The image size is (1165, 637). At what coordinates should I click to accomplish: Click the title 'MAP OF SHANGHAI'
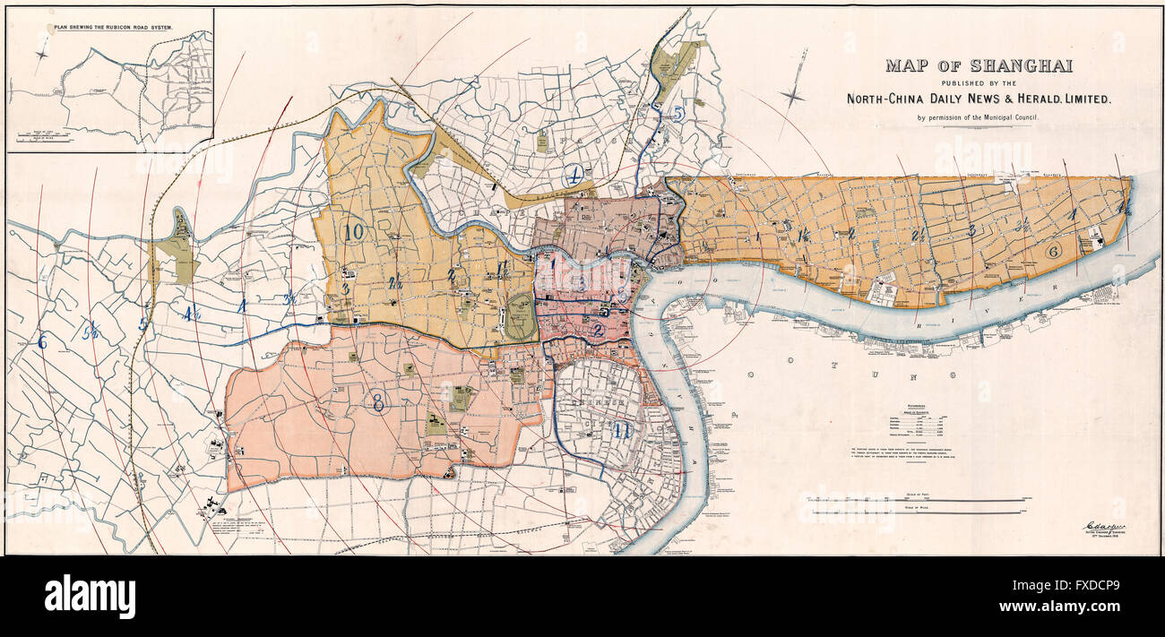979,65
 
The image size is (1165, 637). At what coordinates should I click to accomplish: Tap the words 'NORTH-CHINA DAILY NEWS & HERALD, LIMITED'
979,99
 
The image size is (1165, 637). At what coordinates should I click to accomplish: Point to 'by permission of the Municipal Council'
979,118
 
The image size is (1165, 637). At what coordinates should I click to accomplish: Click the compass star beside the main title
792,94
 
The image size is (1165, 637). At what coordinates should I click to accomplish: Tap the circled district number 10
354,232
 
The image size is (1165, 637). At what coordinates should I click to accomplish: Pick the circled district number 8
379,403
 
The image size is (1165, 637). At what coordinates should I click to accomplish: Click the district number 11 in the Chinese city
621,431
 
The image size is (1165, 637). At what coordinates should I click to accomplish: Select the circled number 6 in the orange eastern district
1054,251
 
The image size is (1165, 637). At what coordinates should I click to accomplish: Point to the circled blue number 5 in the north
678,114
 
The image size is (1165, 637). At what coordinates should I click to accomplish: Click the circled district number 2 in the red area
597,329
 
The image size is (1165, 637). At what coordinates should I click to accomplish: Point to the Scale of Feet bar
914,500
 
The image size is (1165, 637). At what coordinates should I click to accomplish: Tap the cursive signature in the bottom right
1106,526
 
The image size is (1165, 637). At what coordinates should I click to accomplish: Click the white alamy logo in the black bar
90,597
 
